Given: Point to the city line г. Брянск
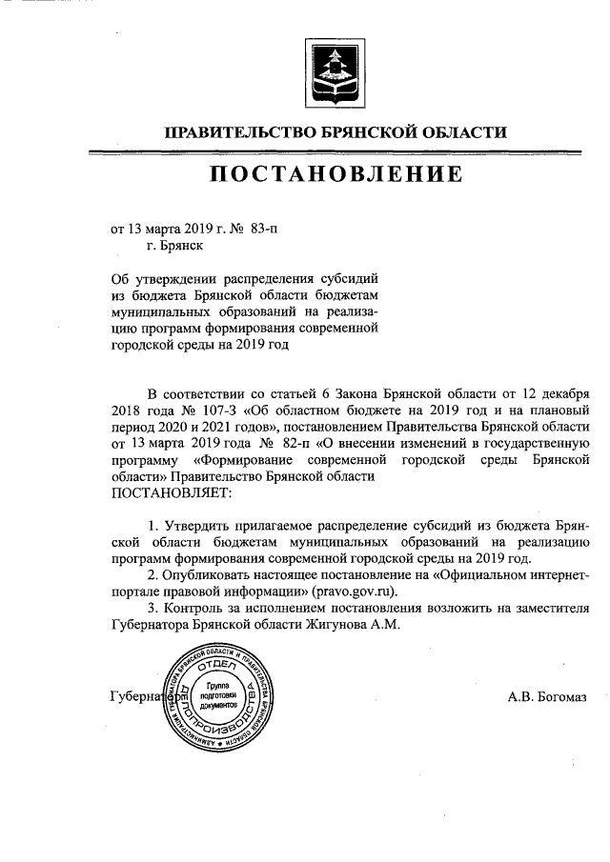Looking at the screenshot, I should pos(173,245).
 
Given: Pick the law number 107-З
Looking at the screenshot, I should pos(210,410).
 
